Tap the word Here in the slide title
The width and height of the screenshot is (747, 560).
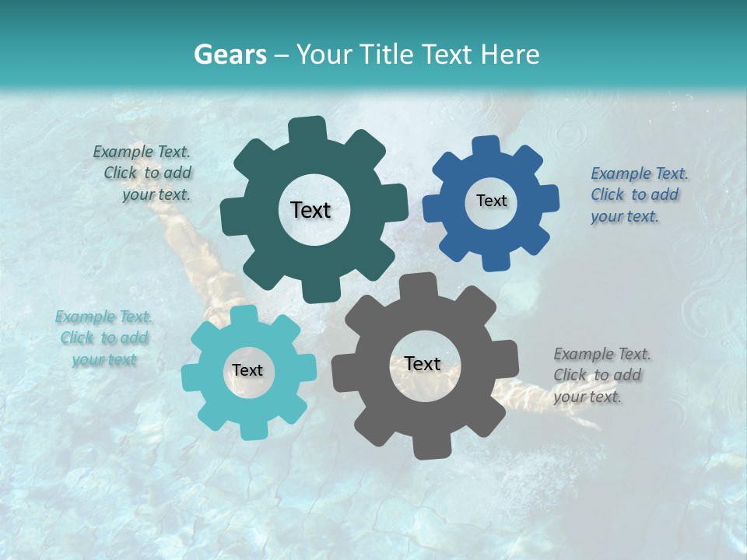point(510,54)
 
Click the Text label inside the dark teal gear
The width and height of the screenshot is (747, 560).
point(310,210)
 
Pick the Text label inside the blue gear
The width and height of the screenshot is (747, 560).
point(491,201)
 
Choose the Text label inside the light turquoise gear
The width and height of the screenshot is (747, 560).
point(247,371)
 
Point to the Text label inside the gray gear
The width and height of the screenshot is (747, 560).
point(423,364)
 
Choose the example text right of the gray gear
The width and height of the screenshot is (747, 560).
point(600,375)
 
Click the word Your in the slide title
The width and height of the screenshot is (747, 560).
point(326,54)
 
